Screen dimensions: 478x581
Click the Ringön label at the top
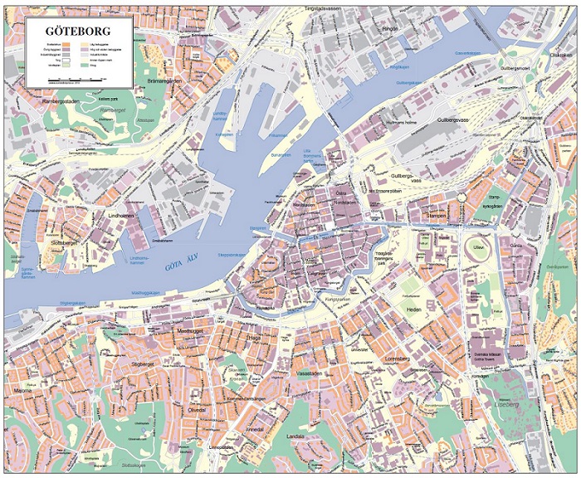pos(390,28)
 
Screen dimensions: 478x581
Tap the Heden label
pos(414,309)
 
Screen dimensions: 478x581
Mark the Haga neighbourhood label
pos(253,339)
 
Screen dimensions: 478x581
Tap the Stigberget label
pos(143,364)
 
